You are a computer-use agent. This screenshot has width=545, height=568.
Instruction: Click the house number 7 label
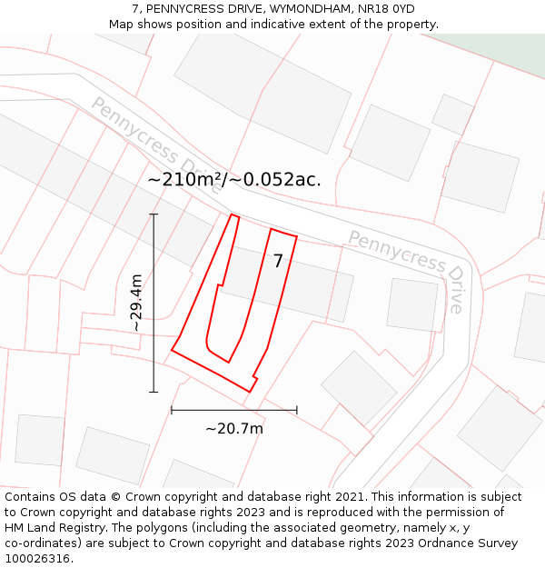pos(278,261)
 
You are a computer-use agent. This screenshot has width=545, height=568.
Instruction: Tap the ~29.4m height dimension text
pos(135,304)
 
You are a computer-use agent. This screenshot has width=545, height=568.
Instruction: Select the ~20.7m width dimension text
pos(233,429)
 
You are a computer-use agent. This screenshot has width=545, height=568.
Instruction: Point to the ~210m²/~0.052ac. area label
pos(234,180)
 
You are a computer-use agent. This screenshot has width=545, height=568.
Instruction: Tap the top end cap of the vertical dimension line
pos(154,214)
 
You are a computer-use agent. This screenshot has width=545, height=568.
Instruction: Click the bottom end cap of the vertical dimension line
pos(154,392)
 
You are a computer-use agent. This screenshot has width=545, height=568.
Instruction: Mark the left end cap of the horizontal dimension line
pos(172,410)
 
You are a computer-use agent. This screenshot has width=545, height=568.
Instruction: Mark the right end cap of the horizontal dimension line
pos(297,410)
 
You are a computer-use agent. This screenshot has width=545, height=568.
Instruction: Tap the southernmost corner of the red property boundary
pos(249,392)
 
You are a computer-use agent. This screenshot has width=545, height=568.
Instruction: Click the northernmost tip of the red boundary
pos(233,214)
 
